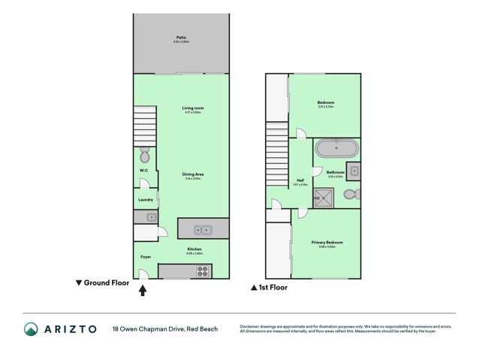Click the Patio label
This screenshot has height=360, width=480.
click(x=180, y=37)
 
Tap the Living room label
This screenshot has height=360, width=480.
click(x=193, y=108)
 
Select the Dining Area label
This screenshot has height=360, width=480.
click(x=194, y=174)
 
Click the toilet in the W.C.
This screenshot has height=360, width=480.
click(x=145, y=156)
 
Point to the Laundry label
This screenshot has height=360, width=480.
click(x=146, y=200)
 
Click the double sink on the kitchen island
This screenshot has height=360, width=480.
click(x=202, y=230)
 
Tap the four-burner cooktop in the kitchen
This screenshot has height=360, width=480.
click(x=202, y=271)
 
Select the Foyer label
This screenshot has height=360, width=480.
click(x=146, y=257)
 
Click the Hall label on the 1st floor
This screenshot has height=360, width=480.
click(x=300, y=180)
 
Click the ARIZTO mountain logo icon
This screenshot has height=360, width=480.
click(x=31, y=329)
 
